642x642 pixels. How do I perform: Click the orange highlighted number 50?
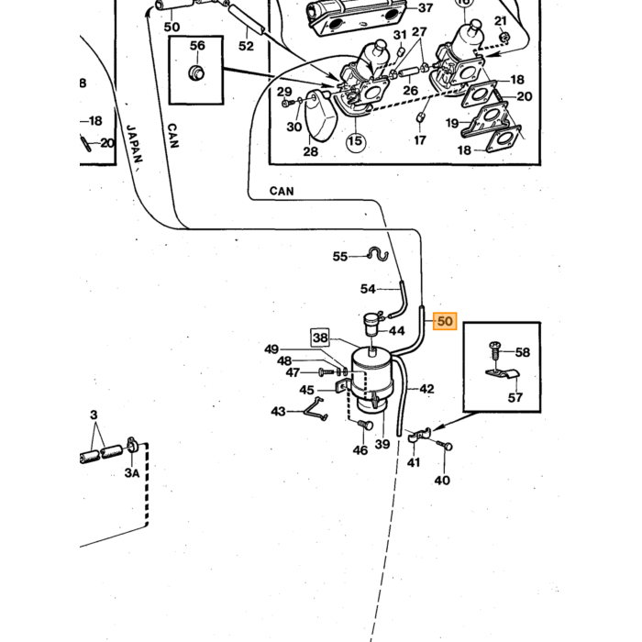pos(445,321)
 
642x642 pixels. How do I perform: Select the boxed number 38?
pos(320,338)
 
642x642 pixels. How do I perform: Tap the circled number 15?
pos(356,141)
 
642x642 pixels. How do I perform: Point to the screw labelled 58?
pos(494,352)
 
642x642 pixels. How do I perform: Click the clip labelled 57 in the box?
pos(503,374)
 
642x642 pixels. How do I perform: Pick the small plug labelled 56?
pos(196,72)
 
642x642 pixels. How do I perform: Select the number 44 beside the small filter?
pos(396,331)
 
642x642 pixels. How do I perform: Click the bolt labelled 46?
pos(365,425)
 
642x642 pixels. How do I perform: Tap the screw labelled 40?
pos(444,444)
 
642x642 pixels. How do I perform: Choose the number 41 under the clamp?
pos(414,462)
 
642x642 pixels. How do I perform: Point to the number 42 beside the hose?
pos(426,389)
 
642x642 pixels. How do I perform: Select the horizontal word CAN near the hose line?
pos(282,191)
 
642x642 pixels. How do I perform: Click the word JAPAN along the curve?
pos(134,143)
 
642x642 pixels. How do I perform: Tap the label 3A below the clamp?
pos(132,473)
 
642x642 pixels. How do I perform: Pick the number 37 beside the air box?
pos(426,7)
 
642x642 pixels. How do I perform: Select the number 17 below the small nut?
pos(420,140)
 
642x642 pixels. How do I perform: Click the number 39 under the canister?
pos(382,444)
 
